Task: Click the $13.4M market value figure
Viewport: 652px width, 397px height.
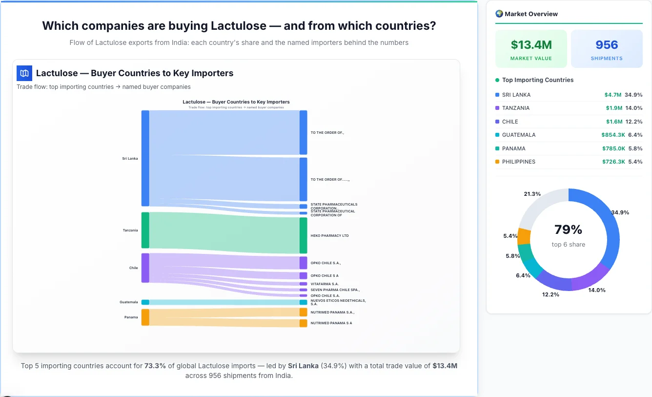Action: (531, 45)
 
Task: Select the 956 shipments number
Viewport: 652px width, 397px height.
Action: (607, 45)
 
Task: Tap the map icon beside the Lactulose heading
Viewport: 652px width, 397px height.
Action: (24, 73)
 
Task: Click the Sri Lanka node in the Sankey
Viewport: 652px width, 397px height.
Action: (145, 158)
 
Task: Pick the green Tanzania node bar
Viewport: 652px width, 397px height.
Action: (145, 230)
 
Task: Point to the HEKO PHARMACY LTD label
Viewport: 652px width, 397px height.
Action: (329, 236)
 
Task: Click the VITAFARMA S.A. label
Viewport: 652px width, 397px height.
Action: (325, 284)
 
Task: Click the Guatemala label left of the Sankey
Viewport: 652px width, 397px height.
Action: (129, 302)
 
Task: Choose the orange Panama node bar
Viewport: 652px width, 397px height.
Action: (145, 317)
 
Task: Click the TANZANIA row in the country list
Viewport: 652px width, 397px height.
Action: (515, 108)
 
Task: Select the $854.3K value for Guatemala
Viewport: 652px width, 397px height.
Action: (613, 135)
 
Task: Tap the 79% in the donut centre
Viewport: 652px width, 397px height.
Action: (568, 230)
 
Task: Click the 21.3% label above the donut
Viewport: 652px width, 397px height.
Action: (532, 194)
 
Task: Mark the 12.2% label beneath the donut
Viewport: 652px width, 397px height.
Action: (551, 294)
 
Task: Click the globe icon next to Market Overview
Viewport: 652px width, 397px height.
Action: (499, 14)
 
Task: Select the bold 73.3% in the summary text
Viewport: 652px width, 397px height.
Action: (155, 366)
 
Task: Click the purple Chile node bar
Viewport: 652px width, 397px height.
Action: (145, 268)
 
